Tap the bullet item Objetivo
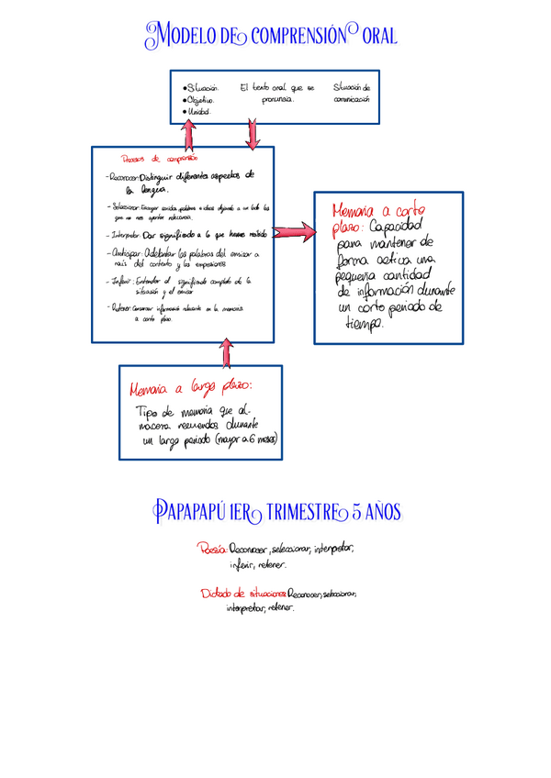[x=201, y=100]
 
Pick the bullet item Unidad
[x=198, y=112]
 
